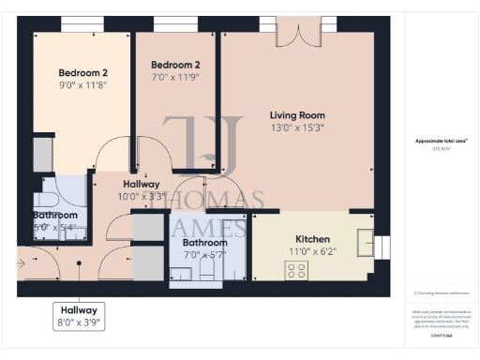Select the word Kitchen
pyautogui.click(x=312, y=239)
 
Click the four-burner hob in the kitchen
pyautogui.click(x=296, y=269)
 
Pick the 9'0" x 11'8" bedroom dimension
pyautogui.click(x=83, y=84)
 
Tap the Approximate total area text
pyautogui.click(x=442, y=142)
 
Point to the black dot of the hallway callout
pyautogui.click(x=80, y=263)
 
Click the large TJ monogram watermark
pyautogui.click(x=199, y=145)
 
